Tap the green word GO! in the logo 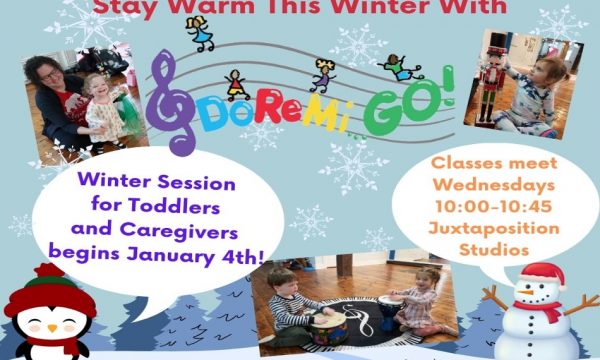pyautogui.click(x=409, y=101)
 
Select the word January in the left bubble pyautogui.click(x=170, y=256)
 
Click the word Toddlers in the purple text pyautogui.click(x=174, y=206)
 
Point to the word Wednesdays pyautogui.click(x=494, y=185)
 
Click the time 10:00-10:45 pyautogui.click(x=494, y=207)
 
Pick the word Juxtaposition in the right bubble pyautogui.click(x=494, y=229)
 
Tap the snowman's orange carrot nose pyautogui.click(x=525, y=293)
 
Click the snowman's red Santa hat pyautogui.click(x=543, y=275)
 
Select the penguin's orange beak pyautogui.click(x=52, y=328)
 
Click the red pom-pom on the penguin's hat pyautogui.click(x=49, y=270)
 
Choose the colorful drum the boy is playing pyautogui.click(x=329, y=328)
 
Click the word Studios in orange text pyautogui.click(x=494, y=250)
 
